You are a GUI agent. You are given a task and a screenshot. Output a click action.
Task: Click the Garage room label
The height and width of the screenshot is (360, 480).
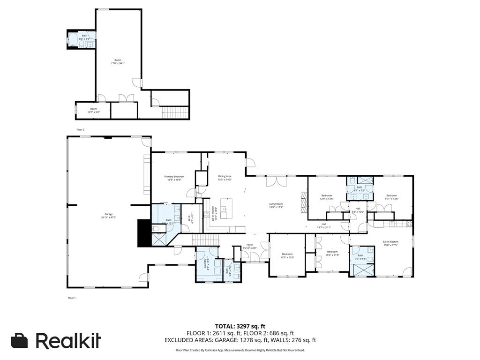click(x=108, y=216)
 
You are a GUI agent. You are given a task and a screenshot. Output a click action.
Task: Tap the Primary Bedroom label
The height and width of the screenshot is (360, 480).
click(x=174, y=178)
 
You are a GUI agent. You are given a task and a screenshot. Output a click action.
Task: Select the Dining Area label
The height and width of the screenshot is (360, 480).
click(x=225, y=178)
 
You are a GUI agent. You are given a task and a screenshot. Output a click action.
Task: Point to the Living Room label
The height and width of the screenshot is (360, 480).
click(x=276, y=205)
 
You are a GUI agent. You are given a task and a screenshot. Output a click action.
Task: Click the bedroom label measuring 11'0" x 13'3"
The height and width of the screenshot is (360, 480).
click(x=287, y=255)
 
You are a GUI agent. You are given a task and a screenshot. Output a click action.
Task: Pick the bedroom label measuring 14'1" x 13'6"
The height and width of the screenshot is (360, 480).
click(x=391, y=197)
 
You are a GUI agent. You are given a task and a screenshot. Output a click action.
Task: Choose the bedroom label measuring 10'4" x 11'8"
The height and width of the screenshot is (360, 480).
click(x=332, y=253)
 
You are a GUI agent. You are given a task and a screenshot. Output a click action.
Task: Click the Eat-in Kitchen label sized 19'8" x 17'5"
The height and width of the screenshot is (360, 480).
click(x=390, y=243)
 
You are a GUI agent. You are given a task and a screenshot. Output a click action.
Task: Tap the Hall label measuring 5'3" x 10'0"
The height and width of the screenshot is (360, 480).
click(x=358, y=210)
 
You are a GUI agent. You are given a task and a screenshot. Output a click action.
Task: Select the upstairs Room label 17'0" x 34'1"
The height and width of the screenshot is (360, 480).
click(x=118, y=61)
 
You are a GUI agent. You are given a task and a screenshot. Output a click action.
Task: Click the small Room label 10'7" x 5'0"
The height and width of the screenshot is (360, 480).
click(x=93, y=110)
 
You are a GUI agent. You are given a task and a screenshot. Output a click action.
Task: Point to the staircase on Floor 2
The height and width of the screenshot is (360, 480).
click(x=175, y=112)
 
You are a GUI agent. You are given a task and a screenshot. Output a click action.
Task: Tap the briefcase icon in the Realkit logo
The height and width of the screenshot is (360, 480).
click(x=20, y=341)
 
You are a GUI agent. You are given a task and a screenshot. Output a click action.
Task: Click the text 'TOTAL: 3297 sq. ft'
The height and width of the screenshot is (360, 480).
click(x=240, y=326)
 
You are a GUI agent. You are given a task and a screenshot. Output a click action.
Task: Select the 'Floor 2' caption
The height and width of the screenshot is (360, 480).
click(x=80, y=129)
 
